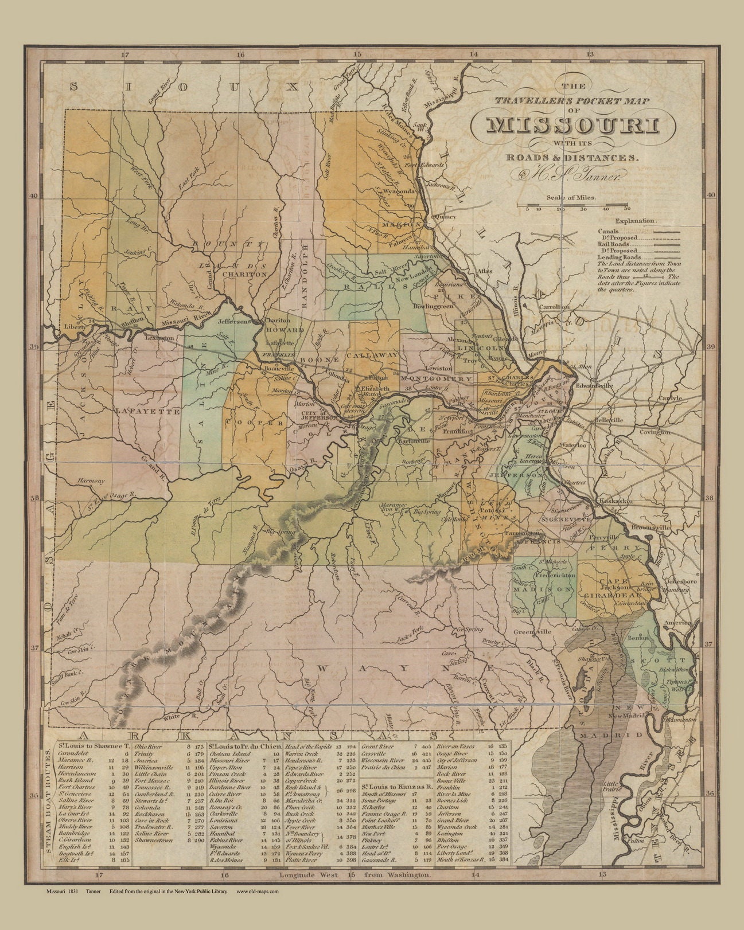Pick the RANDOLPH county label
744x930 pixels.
click(305, 275)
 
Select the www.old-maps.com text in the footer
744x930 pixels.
click(257, 908)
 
